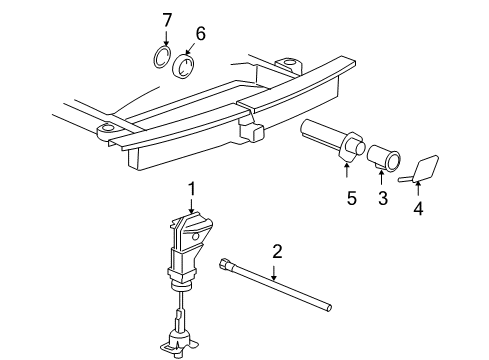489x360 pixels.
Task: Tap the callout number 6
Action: (200, 33)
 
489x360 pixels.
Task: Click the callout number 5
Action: (350, 199)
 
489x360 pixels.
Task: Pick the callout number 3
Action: (382, 199)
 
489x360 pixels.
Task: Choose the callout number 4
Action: (418, 211)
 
